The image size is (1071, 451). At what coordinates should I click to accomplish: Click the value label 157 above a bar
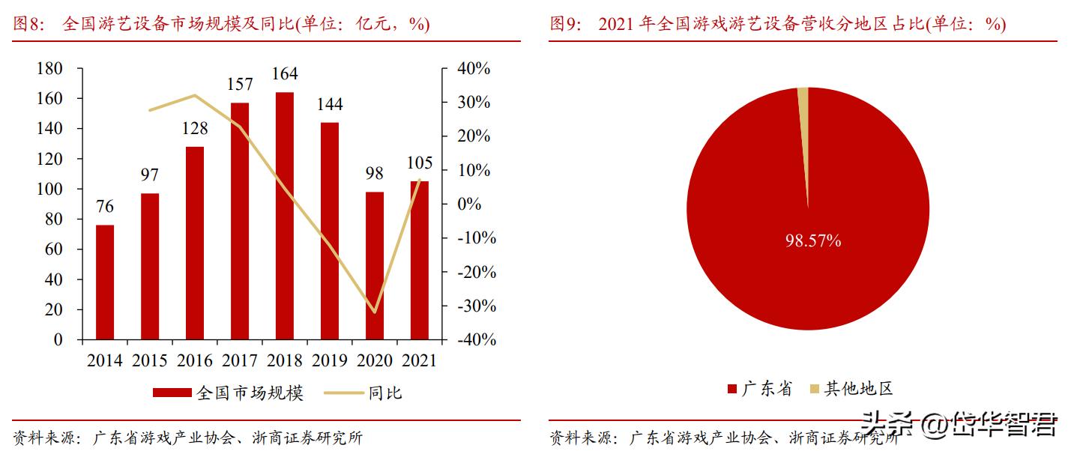(240, 84)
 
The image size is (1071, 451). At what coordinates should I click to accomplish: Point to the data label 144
(329, 104)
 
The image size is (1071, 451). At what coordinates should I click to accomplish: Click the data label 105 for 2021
(420, 163)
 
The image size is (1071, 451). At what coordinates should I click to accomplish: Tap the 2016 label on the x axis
(195, 361)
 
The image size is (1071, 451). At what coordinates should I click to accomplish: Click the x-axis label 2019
(329, 361)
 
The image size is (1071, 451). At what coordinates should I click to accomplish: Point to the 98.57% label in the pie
(813, 241)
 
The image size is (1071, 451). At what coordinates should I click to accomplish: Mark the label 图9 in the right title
(565, 24)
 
